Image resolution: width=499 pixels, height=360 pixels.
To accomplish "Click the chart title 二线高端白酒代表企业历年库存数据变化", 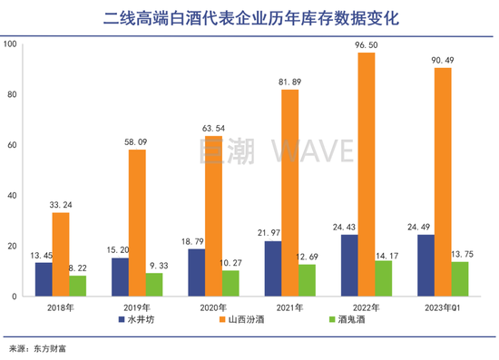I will [x=249, y=17].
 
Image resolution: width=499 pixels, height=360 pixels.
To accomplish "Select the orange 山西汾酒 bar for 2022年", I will [x=365, y=175].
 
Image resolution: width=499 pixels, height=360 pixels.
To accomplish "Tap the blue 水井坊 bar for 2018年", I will [x=44, y=279].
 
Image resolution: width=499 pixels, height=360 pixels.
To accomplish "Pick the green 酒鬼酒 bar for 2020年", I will [x=230, y=283].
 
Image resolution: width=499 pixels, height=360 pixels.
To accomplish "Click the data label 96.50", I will [x=365, y=44].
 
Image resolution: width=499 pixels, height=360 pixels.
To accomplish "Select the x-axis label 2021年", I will [x=289, y=307].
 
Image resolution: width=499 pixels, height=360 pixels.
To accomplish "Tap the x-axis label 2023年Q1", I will [x=441, y=307].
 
